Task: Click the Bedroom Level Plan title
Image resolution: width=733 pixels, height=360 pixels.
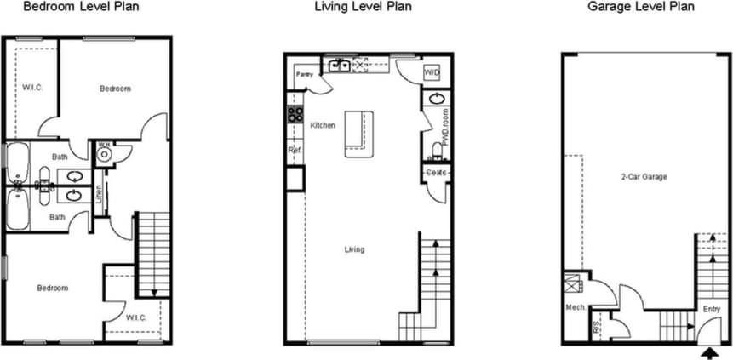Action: [80, 7]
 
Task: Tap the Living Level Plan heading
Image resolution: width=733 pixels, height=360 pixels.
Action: [363, 7]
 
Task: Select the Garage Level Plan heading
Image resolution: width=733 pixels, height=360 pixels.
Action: [640, 7]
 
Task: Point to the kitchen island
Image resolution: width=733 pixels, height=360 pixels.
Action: [358, 133]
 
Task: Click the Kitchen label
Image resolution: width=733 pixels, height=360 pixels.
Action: [323, 125]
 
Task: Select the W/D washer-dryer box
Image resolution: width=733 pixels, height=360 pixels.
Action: [432, 73]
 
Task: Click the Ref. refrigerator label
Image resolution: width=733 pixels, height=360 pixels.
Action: [295, 151]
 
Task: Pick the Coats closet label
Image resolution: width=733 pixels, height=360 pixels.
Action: [437, 173]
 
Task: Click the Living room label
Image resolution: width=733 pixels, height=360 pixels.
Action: [354, 249]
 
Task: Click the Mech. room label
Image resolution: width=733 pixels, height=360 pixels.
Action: [574, 307]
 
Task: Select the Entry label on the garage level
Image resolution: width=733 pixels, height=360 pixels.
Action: [710, 309]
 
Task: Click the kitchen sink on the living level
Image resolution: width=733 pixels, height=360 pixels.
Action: [339, 65]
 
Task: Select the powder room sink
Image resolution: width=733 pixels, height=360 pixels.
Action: [437, 100]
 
